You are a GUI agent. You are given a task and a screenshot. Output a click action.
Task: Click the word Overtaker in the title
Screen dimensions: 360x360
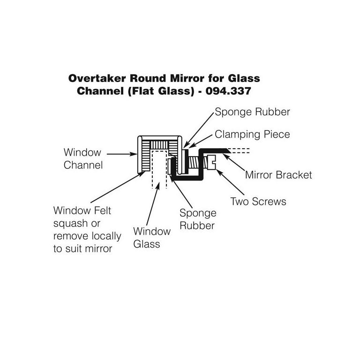point(97,78)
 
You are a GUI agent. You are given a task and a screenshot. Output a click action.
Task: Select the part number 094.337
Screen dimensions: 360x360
point(229,91)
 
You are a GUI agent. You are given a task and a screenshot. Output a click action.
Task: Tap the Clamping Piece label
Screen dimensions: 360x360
point(252,135)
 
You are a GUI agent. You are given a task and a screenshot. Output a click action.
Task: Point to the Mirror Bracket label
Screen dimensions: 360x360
point(278,175)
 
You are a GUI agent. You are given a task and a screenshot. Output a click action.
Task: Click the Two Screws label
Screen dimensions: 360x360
point(258,202)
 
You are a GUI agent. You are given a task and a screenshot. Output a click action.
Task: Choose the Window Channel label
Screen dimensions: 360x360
point(82,158)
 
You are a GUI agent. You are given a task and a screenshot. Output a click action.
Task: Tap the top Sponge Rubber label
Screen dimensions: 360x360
point(252,112)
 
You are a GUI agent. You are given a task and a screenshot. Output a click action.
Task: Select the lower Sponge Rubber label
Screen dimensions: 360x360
point(197,219)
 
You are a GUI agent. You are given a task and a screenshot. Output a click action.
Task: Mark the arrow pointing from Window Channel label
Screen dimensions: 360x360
point(120,153)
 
